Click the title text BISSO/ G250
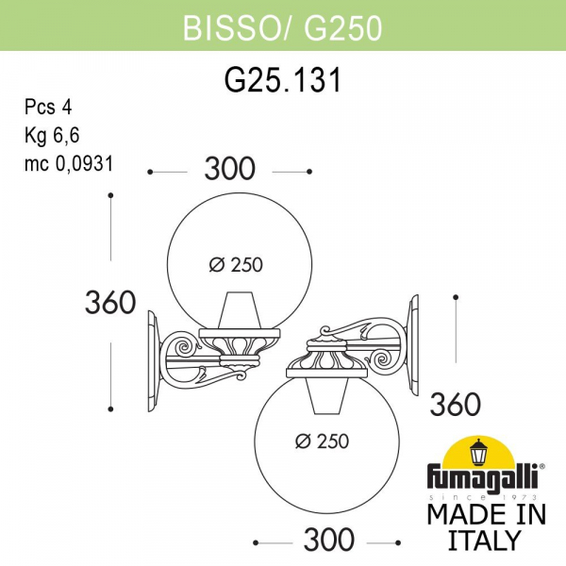pyautogui.click(x=282, y=28)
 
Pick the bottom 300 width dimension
pyautogui.click(x=329, y=540)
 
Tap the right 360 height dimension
pyautogui.click(x=455, y=404)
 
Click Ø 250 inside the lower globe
pyautogui.click(x=323, y=441)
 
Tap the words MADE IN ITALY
pyautogui.click(x=486, y=526)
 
